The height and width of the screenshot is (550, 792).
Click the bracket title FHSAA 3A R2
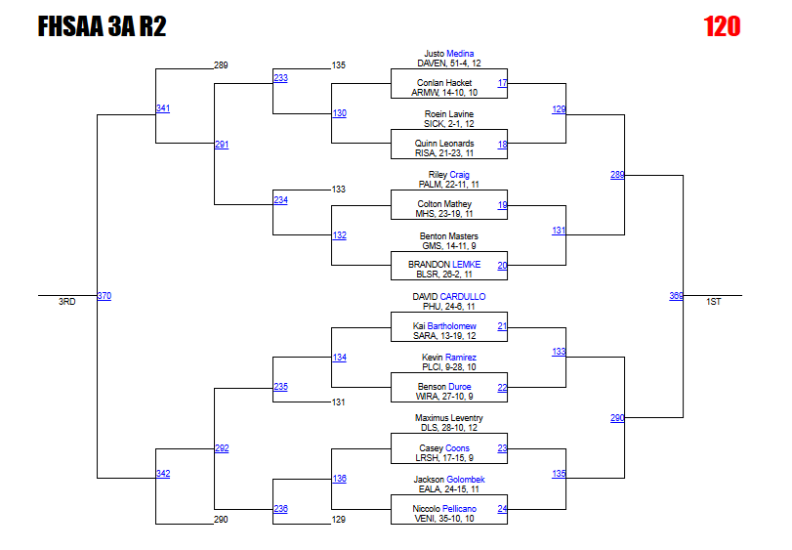click(x=102, y=26)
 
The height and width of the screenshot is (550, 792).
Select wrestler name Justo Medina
click(x=448, y=53)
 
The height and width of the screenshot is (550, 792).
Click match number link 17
click(x=502, y=83)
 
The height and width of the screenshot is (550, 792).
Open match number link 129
click(x=559, y=109)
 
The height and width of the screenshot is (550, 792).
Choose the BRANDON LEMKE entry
click(x=448, y=265)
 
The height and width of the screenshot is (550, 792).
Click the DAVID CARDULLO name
click(x=448, y=296)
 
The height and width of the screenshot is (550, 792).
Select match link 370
click(x=104, y=295)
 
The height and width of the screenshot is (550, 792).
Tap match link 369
click(x=676, y=295)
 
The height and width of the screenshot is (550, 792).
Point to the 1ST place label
click(x=714, y=303)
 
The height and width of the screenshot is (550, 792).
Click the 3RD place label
click(x=66, y=303)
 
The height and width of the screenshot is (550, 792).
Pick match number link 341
click(x=163, y=107)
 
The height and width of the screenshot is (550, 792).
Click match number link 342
click(x=163, y=474)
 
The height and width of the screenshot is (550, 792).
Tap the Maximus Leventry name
click(x=448, y=418)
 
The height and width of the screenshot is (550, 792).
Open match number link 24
click(x=502, y=509)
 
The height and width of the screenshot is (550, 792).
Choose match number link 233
click(x=280, y=77)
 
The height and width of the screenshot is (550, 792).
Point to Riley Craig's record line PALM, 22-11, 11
click(x=448, y=184)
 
